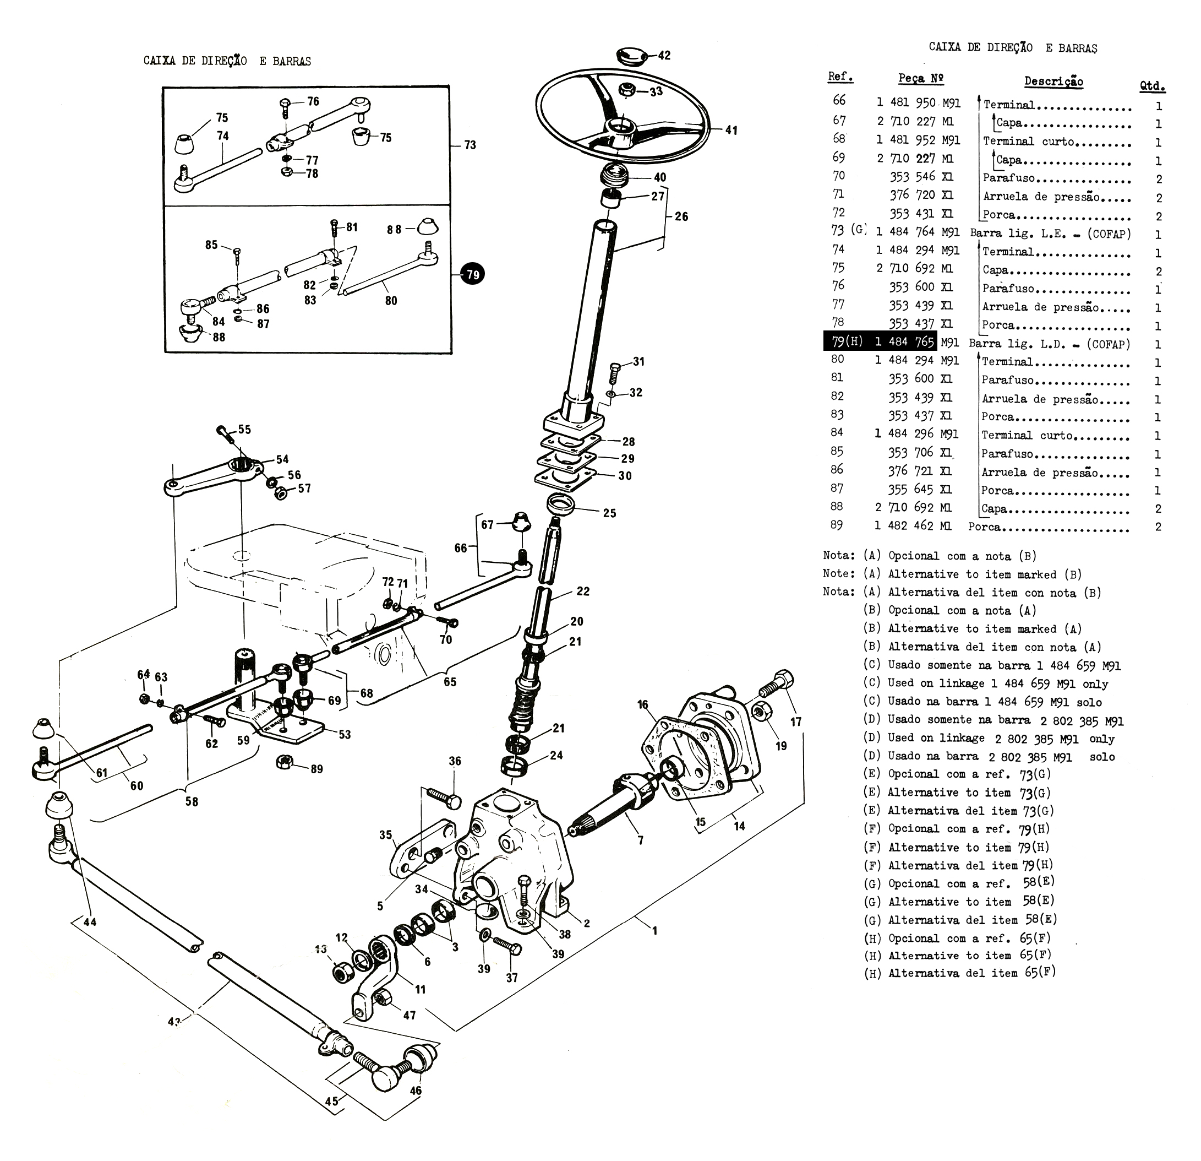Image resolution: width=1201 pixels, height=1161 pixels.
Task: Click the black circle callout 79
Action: [x=472, y=274]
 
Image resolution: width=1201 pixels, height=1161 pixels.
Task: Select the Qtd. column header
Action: [x=1152, y=86]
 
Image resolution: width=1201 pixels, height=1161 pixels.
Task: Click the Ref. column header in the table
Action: [x=840, y=77]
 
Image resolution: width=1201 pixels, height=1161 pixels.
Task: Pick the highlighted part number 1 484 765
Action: [x=904, y=341]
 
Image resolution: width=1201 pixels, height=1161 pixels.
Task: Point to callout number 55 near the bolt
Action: [x=244, y=430]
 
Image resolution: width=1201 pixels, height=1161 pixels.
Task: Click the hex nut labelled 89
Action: [x=285, y=762]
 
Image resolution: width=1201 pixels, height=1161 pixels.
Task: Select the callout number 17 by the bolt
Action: [x=795, y=721]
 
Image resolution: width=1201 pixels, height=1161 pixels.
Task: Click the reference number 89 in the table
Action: [x=837, y=525]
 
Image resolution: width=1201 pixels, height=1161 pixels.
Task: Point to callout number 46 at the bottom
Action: [x=416, y=1091]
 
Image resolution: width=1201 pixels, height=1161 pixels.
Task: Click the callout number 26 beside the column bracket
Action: [x=681, y=216]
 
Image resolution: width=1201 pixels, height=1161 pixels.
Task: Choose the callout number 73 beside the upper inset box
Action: [x=470, y=145]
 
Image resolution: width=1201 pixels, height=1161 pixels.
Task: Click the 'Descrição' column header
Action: [x=1053, y=82]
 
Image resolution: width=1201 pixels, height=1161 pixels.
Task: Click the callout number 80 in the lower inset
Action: [x=391, y=300]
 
